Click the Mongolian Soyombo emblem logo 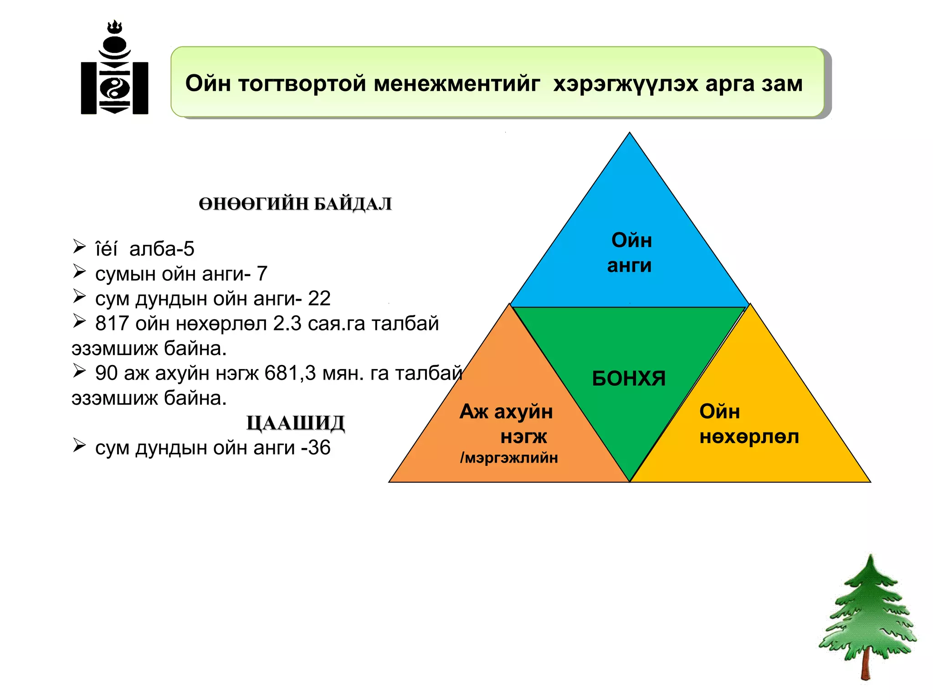(x=114, y=68)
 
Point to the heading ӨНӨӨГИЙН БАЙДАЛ (x=295, y=204)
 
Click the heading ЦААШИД (x=295, y=423)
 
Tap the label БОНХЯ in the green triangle (x=629, y=378)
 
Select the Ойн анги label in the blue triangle (x=631, y=252)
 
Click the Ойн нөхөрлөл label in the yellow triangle (x=748, y=424)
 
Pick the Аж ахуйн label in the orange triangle (x=506, y=412)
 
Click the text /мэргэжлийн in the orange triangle (x=509, y=458)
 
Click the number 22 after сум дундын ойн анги (x=319, y=299)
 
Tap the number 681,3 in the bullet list (x=290, y=373)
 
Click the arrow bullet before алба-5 (x=79, y=247)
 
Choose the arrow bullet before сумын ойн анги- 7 (x=79, y=272)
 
